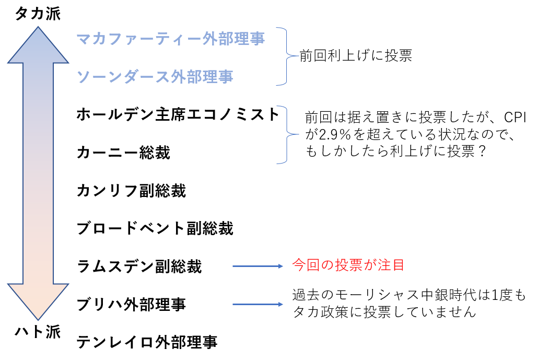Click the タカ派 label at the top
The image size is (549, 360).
(x=38, y=14)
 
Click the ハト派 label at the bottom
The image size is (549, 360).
(x=38, y=332)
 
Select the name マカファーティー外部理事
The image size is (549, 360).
(x=170, y=39)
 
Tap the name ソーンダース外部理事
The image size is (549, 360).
(x=155, y=77)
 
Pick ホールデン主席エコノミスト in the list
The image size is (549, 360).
(x=178, y=114)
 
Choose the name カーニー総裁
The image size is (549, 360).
(x=123, y=153)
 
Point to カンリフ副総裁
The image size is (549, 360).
(x=131, y=191)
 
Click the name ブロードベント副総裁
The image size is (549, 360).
(x=155, y=228)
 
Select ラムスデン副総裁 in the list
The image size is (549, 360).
(x=139, y=266)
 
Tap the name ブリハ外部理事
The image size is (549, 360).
(x=131, y=305)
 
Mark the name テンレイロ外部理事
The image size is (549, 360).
(x=147, y=342)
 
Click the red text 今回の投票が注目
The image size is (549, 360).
(x=348, y=265)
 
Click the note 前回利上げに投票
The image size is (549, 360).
(x=356, y=56)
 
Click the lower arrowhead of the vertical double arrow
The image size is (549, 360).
(x=38, y=300)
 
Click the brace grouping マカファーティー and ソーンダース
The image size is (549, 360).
(x=284, y=56)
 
